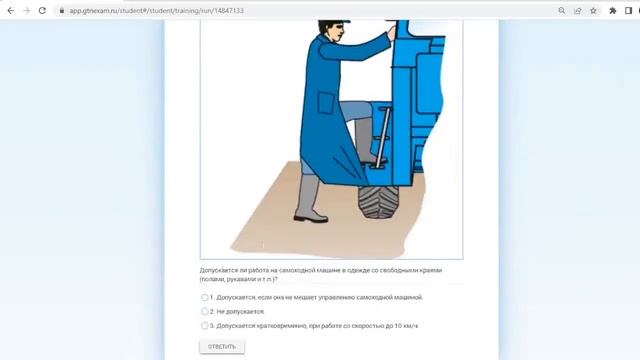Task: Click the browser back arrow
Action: (x=10, y=10)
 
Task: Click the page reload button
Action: (x=41, y=10)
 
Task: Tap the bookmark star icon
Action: (x=593, y=10)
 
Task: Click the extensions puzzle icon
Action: (x=613, y=10)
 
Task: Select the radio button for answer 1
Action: (x=205, y=297)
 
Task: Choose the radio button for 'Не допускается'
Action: (x=205, y=311)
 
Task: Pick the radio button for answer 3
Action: (x=205, y=325)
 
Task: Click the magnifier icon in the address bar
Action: (x=562, y=10)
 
